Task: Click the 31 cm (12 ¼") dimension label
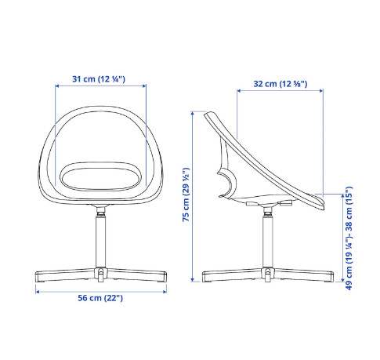[99, 79]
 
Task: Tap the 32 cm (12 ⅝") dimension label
[280, 83]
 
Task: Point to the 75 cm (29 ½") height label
[186, 195]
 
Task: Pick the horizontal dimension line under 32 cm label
[280, 93]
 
